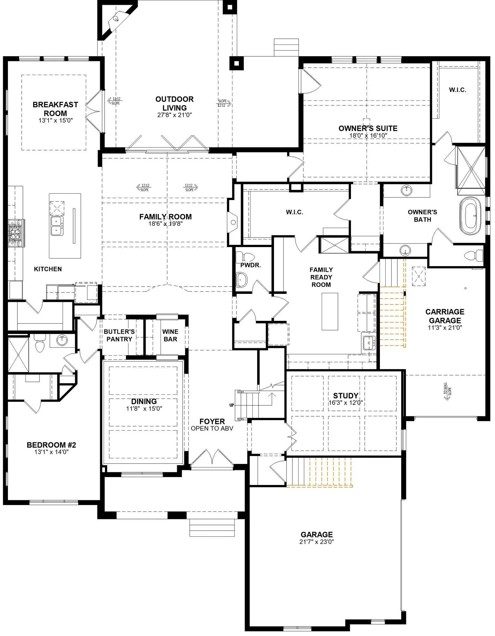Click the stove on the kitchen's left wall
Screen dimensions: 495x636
[14, 233]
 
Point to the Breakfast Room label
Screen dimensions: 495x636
[55, 109]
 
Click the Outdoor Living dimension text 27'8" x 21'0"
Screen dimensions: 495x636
[175, 115]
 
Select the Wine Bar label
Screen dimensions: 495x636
[170, 335]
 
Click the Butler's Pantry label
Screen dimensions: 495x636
[119, 335]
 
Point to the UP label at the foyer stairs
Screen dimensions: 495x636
[231, 405]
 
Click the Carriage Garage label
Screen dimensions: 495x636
[445, 316]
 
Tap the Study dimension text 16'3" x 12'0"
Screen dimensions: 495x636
[346, 403]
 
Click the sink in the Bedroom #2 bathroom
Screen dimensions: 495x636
[62, 340]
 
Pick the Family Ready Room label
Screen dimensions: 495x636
[321, 277]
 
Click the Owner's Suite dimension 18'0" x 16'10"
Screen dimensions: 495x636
[368, 135]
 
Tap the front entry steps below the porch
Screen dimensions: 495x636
[212, 528]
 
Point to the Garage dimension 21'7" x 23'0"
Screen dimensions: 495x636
[317, 542]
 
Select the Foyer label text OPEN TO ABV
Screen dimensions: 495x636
[212, 428]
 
